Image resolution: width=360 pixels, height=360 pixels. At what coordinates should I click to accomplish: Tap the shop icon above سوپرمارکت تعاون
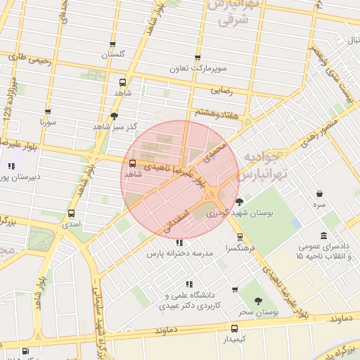(197, 58)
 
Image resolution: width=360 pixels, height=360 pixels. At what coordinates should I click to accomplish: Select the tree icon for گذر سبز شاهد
(115, 116)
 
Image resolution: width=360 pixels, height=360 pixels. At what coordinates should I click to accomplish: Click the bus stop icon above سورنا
(48, 111)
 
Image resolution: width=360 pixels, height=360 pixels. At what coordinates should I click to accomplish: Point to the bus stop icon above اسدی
(71, 213)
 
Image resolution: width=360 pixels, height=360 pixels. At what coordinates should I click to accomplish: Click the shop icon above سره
(320, 193)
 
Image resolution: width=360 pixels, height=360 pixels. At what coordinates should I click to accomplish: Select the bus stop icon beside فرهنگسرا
(240, 237)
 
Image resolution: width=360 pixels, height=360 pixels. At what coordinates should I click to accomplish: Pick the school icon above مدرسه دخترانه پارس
(178, 243)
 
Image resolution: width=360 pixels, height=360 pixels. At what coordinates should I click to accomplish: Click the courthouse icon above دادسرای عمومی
(323, 236)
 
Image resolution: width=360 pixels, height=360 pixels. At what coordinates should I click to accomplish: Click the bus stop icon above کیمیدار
(234, 328)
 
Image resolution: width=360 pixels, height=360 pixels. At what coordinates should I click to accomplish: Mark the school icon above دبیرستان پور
(11, 167)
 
